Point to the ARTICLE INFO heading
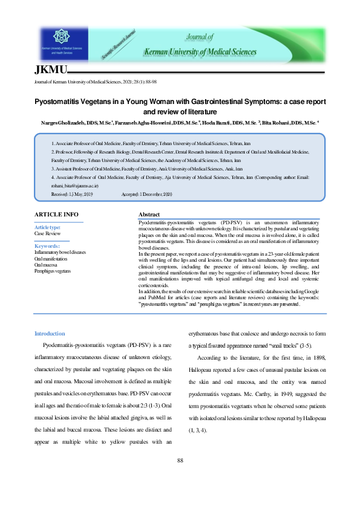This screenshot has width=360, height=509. (x=56, y=215)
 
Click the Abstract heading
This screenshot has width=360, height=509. (x=149, y=215)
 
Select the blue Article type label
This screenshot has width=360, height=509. (x=48, y=227)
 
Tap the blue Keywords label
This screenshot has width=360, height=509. (x=47, y=246)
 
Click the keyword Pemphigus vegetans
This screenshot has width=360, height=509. (x=53, y=271)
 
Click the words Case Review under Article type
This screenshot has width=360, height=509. (x=47, y=233)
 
